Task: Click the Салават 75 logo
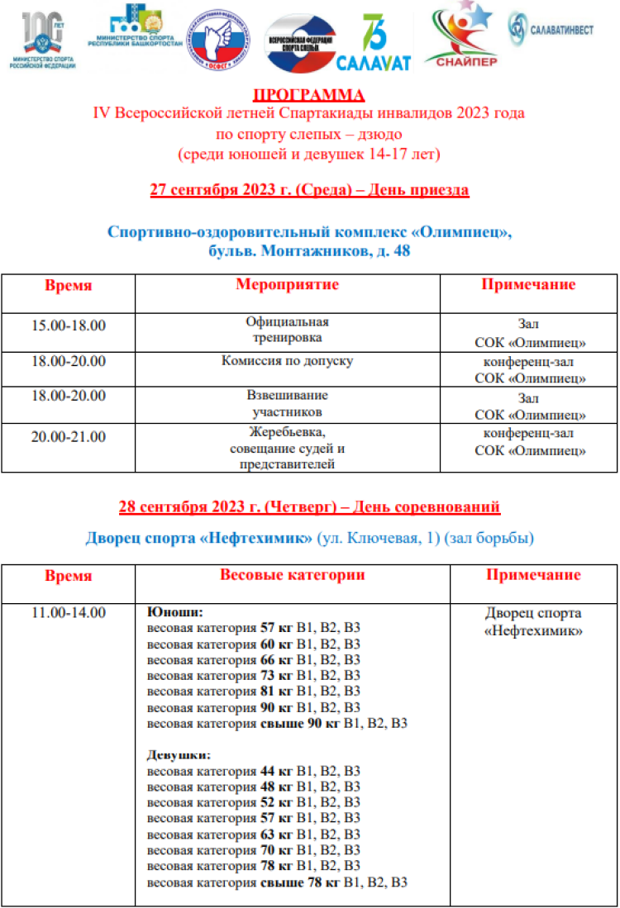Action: [x=374, y=42]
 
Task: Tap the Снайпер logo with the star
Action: [x=460, y=34]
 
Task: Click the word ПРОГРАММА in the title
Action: [x=308, y=93]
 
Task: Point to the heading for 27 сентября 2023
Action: [x=309, y=190]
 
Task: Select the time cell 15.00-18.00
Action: [x=69, y=325]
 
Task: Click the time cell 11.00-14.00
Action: [x=69, y=613]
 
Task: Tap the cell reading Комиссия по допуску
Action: [x=287, y=361]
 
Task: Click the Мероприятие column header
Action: [x=287, y=285]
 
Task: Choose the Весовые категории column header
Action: [x=292, y=575]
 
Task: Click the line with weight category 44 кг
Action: [x=253, y=771]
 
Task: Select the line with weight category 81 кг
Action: [x=253, y=692]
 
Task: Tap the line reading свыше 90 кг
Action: [x=277, y=724]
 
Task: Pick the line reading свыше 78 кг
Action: [x=277, y=882]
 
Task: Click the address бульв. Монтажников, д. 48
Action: [x=309, y=250]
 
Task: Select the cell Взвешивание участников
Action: [x=287, y=404]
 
